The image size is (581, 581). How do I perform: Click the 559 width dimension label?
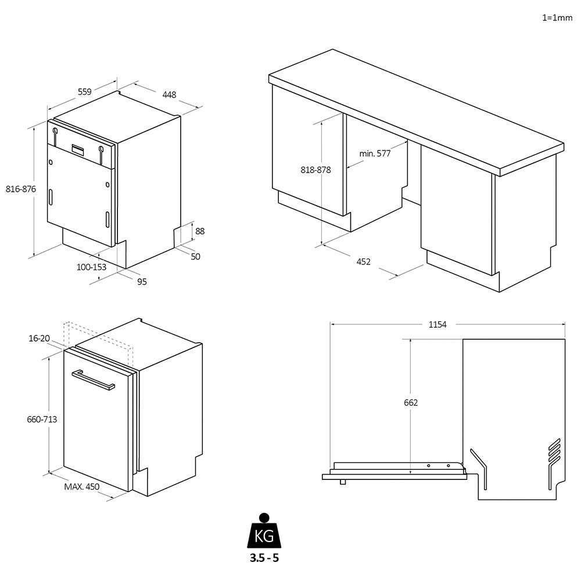(x=85, y=91)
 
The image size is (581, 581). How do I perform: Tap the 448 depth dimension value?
(x=169, y=94)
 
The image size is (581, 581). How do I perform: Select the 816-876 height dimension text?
(x=21, y=189)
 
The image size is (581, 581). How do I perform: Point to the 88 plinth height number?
(x=200, y=231)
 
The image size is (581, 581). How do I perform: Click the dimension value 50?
(x=195, y=256)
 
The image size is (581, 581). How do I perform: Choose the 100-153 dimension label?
(x=92, y=267)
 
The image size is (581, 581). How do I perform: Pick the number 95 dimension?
(x=142, y=282)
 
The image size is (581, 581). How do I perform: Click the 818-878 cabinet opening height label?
(x=315, y=170)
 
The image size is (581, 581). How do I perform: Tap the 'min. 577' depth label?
(x=375, y=153)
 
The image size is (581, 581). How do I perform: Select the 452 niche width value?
(x=363, y=261)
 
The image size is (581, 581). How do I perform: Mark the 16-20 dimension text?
(x=38, y=338)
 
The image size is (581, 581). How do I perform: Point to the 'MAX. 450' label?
(x=81, y=487)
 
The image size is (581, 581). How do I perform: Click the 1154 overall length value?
(x=437, y=324)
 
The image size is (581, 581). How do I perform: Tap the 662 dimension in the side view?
(x=411, y=402)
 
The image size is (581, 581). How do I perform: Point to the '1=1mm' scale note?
(x=557, y=17)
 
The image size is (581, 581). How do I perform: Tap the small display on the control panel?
(x=79, y=149)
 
